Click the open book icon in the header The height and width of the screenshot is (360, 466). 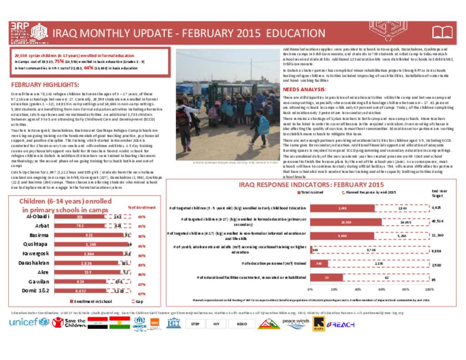tap(442, 32)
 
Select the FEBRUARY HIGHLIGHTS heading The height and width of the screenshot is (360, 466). tap(45, 85)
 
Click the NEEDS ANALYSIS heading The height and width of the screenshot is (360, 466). tap(304, 90)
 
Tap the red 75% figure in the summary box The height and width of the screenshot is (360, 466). tap(59, 61)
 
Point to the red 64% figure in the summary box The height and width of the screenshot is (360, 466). tap(89, 68)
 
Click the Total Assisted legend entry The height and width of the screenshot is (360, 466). tap(311, 193)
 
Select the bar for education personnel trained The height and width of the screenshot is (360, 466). tap(315, 264)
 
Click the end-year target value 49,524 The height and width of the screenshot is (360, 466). tap(436, 222)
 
